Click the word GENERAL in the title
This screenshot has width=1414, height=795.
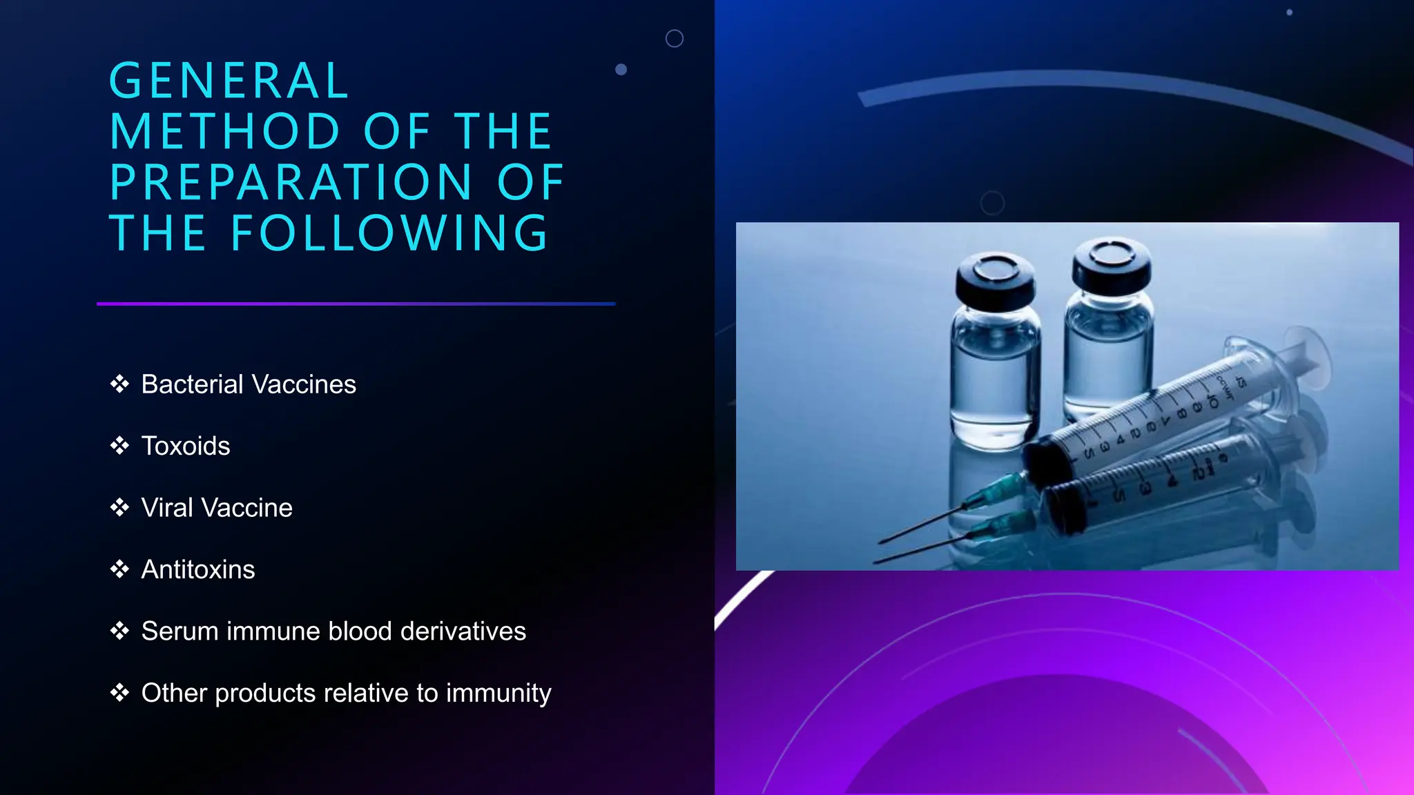[229, 81]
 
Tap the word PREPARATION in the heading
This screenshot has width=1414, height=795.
[290, 183]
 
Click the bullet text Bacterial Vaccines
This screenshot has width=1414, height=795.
[249, 384]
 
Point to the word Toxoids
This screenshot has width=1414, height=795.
[185, 446]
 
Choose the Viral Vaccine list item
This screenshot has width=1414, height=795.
[217, 508]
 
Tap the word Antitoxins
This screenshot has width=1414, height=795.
[198, 569]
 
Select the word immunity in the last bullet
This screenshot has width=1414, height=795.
[498, 693]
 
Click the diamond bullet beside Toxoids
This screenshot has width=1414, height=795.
[119, 446]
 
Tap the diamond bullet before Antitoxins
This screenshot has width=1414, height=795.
[119, 569]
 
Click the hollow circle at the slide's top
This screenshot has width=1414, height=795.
[675, 39]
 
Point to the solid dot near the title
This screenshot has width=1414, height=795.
[621, 70]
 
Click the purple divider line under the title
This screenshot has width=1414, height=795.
[356, 304]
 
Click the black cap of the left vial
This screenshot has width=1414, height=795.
[995, 276]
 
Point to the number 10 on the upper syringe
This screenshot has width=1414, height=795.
[1212, 400]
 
